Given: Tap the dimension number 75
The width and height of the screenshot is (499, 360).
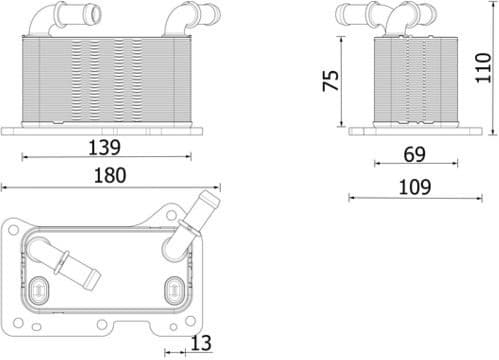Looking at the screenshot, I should (331, 80).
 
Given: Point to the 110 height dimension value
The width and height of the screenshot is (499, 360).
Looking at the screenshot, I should (485, 67).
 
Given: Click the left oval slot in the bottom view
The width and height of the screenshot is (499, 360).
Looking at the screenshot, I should (41, 289).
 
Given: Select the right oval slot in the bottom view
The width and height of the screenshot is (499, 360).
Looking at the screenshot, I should (172, 291).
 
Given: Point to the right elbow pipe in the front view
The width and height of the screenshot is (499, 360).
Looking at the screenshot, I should (185, 17).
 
